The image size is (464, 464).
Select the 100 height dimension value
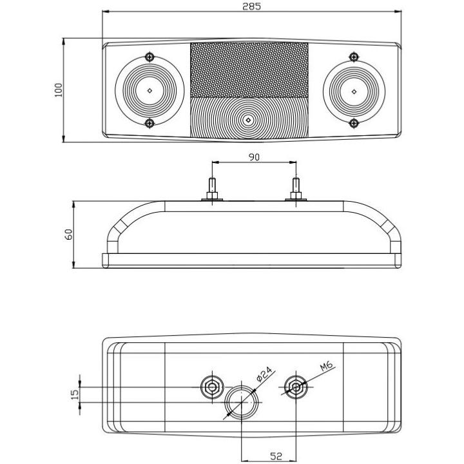pos(59,90)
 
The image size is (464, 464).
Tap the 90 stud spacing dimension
pos(253,157)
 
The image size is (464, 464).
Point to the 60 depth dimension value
pos(69,233)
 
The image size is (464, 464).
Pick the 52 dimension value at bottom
pos(276,457)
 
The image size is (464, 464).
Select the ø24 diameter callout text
pos(265,374)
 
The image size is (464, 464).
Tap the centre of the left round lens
pos(149,90)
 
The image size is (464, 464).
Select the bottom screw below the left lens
pos(150,122)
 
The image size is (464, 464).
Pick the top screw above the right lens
pos(353,57)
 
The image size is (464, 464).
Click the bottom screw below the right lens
pos(353,122)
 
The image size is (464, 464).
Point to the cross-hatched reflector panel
pos(249,70)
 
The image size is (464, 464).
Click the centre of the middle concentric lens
pos(249,119)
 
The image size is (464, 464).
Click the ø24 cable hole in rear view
pos(241,402)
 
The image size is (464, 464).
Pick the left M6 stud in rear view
pos(211,387)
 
